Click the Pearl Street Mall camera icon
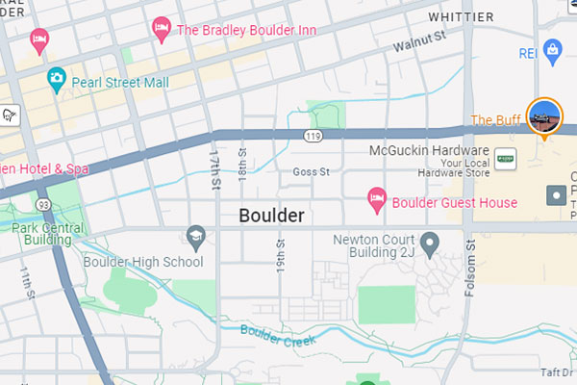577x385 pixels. coord(57,76)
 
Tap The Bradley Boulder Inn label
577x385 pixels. coord(246,30)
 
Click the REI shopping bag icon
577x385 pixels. coord(552,48)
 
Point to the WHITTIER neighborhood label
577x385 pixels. coord(461,17)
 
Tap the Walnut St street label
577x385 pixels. coord(420,41)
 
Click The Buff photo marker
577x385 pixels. coord(544,116)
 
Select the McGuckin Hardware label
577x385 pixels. coord(429,151)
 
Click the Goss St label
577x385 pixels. coord(311,172)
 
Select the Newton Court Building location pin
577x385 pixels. coord(430,241)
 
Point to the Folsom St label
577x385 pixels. coord(470,270)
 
